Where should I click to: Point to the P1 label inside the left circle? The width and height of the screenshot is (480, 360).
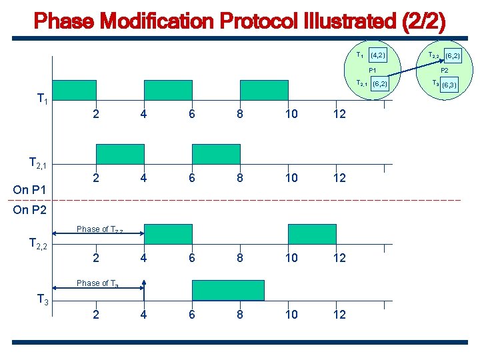click(373, 70)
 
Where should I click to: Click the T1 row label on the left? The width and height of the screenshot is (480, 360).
click(42, 100)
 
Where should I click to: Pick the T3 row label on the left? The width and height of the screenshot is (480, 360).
click(42, 300)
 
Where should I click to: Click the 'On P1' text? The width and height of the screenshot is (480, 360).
click(31, 190)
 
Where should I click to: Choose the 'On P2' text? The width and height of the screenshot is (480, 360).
click(31, 210)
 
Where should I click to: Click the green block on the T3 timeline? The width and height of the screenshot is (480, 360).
click(228, 290)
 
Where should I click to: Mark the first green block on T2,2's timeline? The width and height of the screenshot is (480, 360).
click(168, 234)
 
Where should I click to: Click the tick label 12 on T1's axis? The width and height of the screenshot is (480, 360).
click(339, 114)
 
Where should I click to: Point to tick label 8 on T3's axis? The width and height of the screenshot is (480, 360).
click(239, 315)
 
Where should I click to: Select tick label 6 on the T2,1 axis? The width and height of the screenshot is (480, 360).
click(191, 178)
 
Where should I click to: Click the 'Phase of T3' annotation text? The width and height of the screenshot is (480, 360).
click(97, 283)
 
